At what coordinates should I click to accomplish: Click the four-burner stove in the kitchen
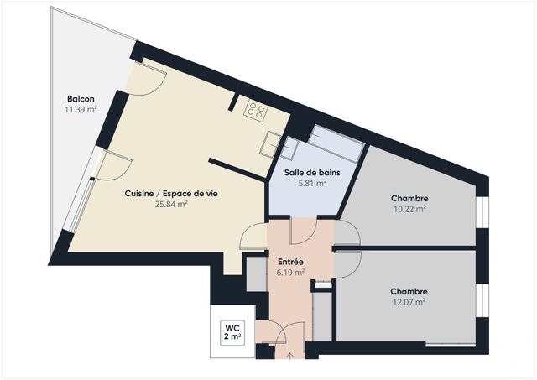[255, 110]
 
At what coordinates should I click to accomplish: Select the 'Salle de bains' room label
[305, 172]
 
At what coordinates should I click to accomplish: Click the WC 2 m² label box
[232, 331]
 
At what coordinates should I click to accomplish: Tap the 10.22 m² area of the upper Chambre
[409, 210]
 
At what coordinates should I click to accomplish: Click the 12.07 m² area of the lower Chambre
[409, 302]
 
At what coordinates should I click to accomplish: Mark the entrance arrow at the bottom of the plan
[290, 356]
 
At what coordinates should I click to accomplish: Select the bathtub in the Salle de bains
[336, 144]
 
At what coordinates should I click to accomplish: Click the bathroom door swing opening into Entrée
[302, 231]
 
